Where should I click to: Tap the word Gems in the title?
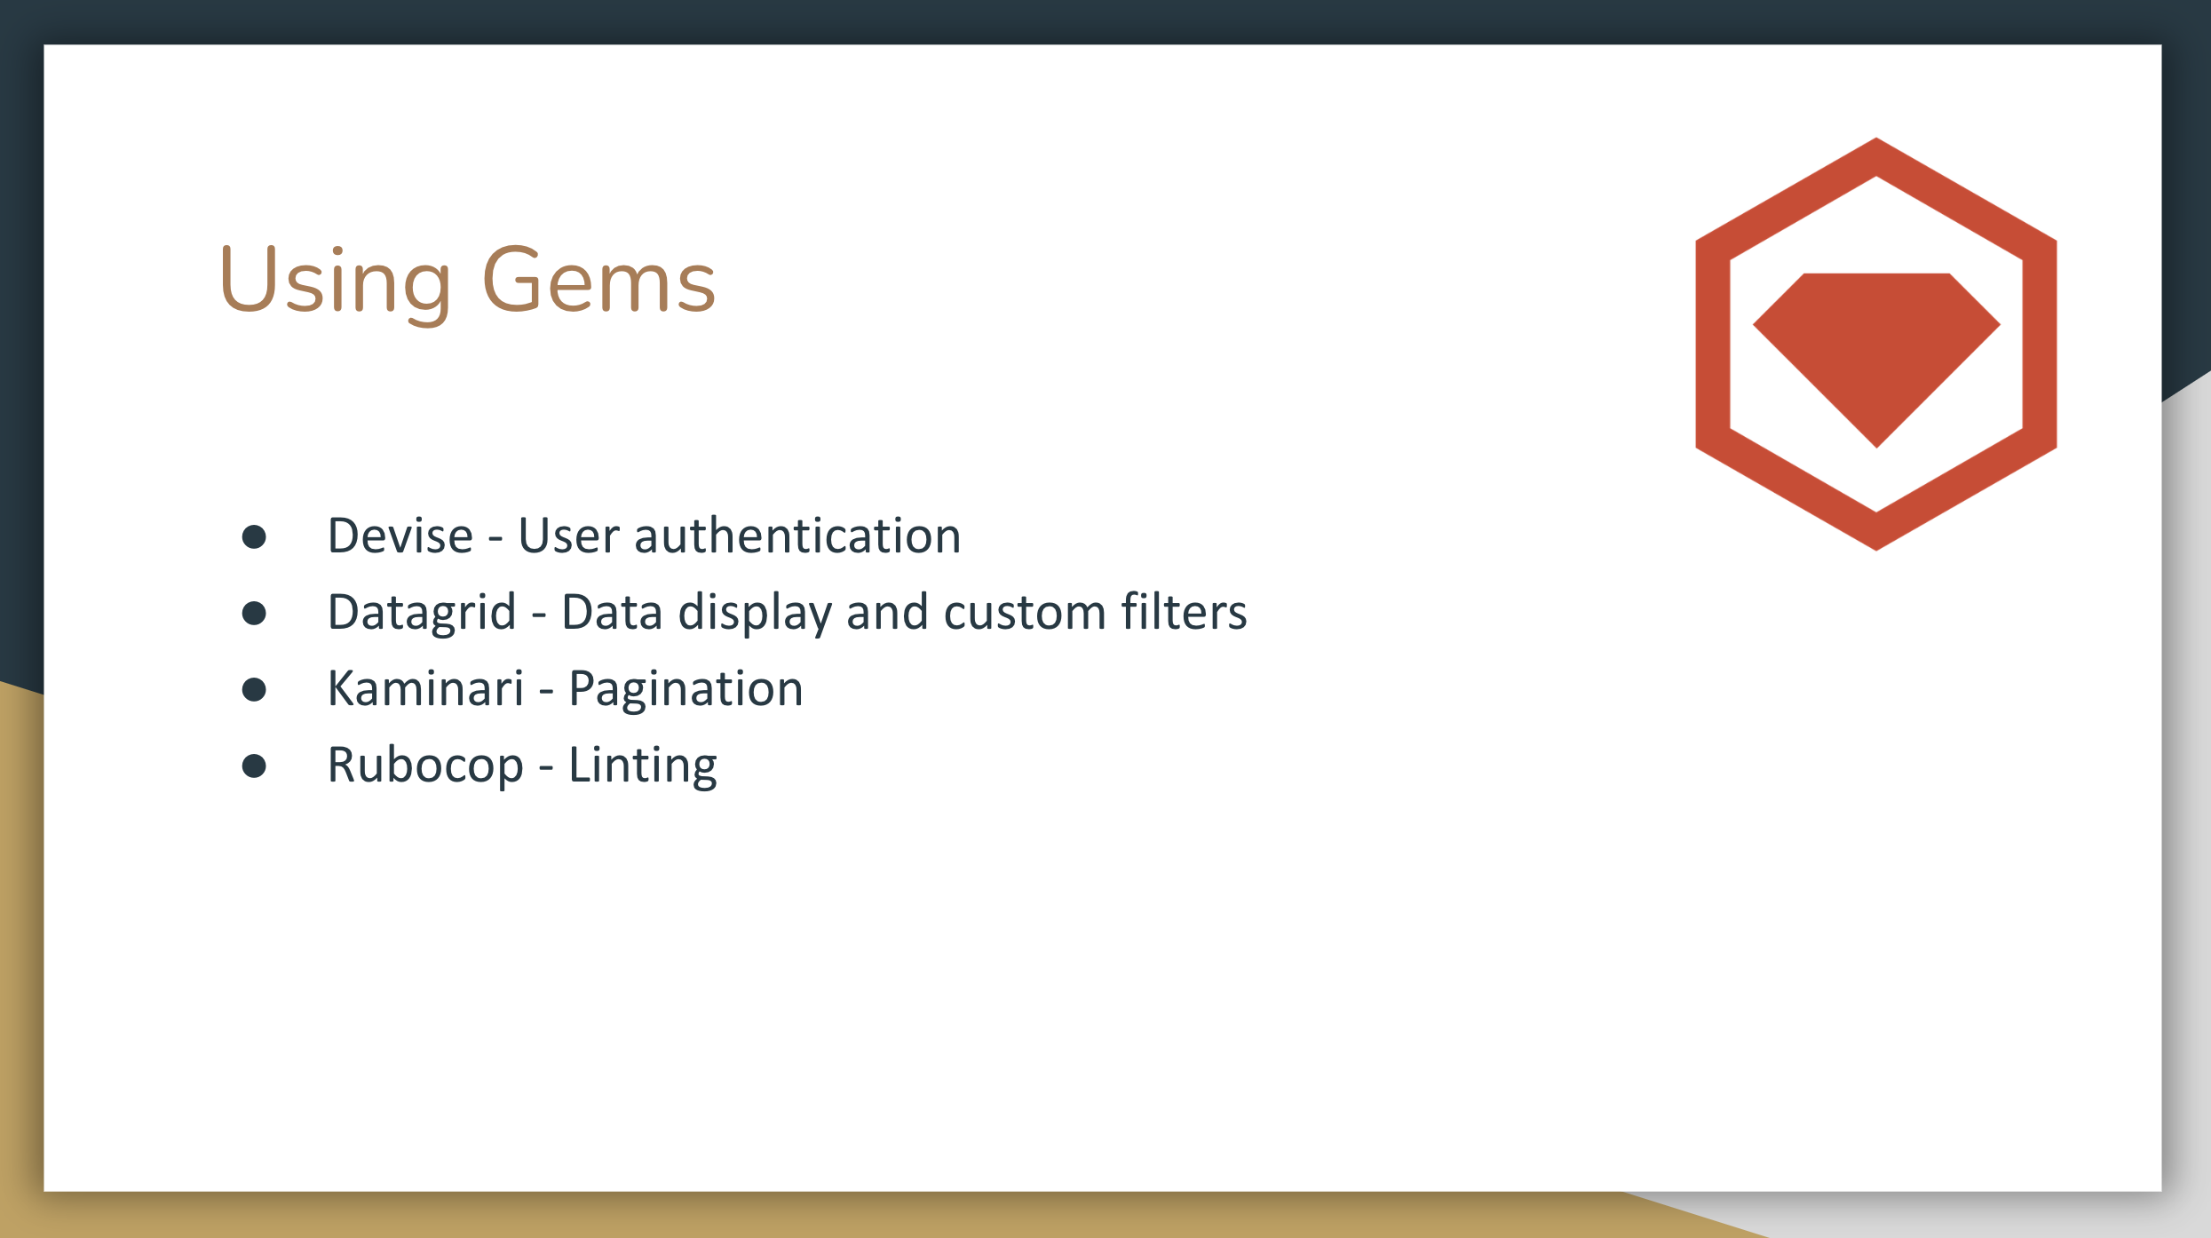pyautogui.click(x=599, y=281)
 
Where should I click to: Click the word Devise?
pyautogui.click(x=400, y=536)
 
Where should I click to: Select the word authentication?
pyautogui.click(x=797, y=536)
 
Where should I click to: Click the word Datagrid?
pyautogui.click(x=422, y=613)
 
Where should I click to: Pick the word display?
pyautogui.click(x=755, y=614)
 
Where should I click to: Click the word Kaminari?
pyautogui.click(x=426, y=689)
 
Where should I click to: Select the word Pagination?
pyautogui.click(x=685, y=690)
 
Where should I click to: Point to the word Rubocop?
pyautogui.click(x=425, y=766)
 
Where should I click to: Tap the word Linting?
pyautogui.click(x=642, y=766)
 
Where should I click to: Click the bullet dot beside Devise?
pyautogui.click(x=254, y=536)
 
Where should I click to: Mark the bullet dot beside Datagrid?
pyautogui.click(x=254, y=613)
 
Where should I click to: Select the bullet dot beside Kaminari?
pyautogui.click(x=254, y=689)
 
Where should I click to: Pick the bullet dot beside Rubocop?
pyautogui.click(x=254, y=766)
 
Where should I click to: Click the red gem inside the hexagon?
pyautogui.click(x=1876, y=346)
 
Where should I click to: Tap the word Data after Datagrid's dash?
pyautogui.click(x=612, y=613)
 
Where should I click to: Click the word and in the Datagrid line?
pyautogui.click(x=887, y=613)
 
